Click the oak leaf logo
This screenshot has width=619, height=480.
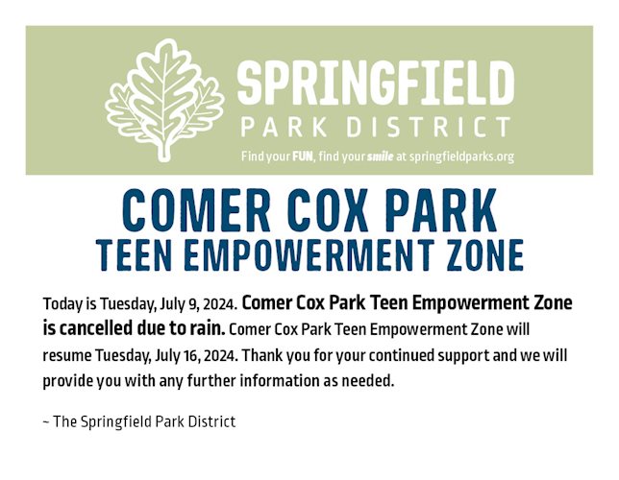[164, 101]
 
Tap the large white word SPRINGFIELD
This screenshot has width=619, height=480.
[376, 84]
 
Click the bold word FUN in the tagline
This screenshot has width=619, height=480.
[303, 156]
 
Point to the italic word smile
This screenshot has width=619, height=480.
[381, 156]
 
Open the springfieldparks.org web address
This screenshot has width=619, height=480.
[461, 157]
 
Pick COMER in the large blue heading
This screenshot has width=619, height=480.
[196, 210]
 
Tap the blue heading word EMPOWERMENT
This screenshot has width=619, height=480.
[309, 254]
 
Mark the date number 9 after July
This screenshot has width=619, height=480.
[192, 304]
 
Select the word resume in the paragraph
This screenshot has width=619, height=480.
[66, 356]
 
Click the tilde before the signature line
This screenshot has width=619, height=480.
[46, 422]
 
